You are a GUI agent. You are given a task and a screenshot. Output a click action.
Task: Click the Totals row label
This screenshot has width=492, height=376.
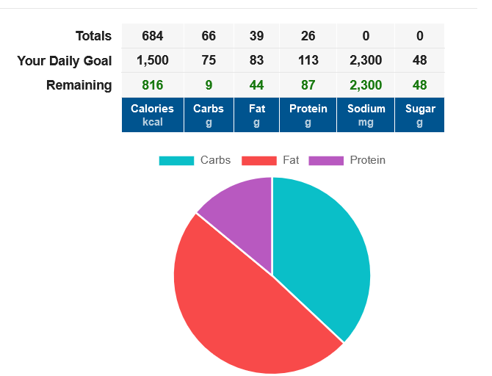(93, 36)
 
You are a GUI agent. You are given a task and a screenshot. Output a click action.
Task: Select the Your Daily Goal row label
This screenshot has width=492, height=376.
(65, 61)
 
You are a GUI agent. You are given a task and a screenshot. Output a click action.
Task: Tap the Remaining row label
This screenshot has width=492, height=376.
(79, 85)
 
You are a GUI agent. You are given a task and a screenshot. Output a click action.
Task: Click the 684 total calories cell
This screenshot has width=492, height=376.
(152, 36)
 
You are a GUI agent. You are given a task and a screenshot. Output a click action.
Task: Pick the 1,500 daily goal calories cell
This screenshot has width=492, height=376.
(152, 60)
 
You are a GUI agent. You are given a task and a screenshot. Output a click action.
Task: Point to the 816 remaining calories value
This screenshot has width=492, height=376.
(152, 85)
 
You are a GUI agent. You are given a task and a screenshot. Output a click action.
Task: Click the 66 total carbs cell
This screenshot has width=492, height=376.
(209, 36)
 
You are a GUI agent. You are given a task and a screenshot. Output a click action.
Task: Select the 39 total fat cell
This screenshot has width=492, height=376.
(256, 36)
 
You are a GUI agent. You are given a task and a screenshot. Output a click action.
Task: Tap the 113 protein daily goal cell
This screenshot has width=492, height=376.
(308, 60)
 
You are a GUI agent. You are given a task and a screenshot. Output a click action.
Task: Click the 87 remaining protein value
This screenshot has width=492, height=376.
(308, 85)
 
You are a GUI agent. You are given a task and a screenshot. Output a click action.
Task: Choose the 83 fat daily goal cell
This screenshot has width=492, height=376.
(256, 60)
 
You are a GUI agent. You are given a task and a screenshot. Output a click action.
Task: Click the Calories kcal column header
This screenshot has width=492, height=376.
(152, 115)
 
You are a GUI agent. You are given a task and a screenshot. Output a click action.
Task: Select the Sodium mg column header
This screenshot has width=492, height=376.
(366, 115)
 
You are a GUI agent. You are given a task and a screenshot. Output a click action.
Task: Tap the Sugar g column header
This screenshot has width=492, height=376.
(419, 115)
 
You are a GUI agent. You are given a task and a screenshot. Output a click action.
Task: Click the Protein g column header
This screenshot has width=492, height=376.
(308, 115)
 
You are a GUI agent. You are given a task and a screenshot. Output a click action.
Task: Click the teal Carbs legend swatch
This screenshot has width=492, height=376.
(176, 160)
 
